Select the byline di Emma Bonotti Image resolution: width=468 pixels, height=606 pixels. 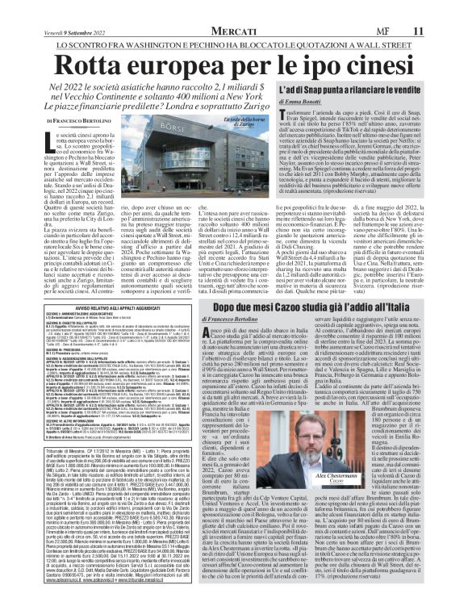tap(370, 123)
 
